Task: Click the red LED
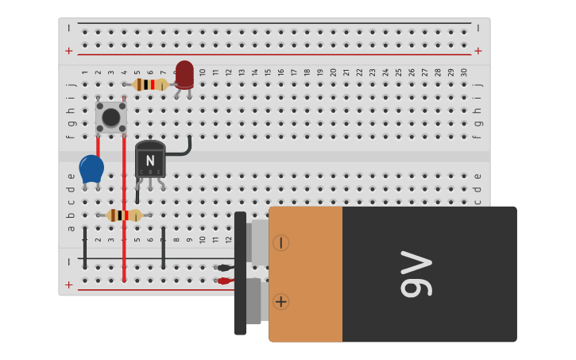pos(184,74)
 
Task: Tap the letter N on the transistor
pos(150,161)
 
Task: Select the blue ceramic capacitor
pos(91,168)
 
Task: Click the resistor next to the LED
pos(149,84)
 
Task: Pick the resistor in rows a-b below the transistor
pos(124,215)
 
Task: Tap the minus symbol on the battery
pos(280,242)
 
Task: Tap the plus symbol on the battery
pos(280,301)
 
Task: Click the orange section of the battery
pos(306,274)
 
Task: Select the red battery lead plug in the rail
pos(224,281)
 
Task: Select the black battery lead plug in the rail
pos(224,268)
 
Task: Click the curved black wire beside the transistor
pos(184,149)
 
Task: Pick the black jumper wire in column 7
pos(163,246)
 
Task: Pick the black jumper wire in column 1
pos(85,246)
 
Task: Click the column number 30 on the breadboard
pos(463,72)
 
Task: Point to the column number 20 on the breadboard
pos(333,72)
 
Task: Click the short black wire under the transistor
pos(137,195)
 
